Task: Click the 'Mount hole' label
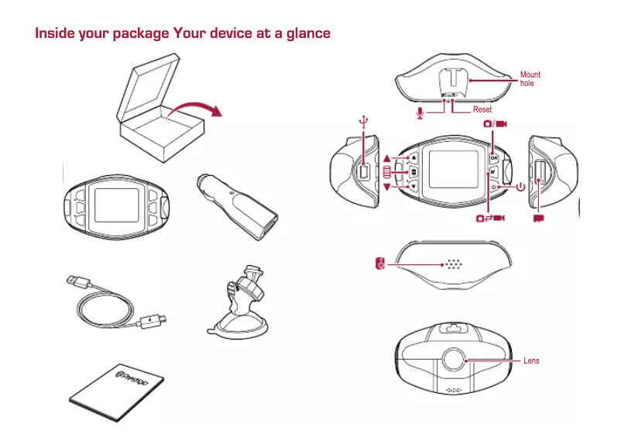point(530,79)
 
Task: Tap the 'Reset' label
point(482,110)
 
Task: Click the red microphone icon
point(420,112)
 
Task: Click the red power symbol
point(520,187)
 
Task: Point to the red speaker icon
point(379,265)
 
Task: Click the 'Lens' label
point(531,360)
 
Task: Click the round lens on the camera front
point(454,360)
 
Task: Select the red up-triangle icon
point(387,159)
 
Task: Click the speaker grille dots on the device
point(453,264)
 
